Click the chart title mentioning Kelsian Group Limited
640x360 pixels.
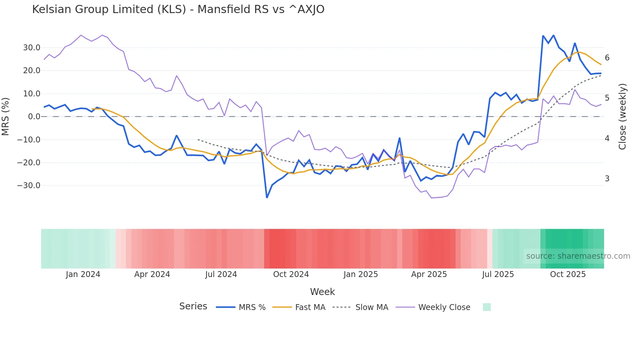[178, 9]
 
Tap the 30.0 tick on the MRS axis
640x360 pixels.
[32, 48]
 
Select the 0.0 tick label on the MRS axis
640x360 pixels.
[34, 117]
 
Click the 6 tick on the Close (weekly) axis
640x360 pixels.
[607, 58]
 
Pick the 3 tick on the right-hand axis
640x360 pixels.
[607, 179]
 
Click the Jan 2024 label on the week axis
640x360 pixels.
[83, 274]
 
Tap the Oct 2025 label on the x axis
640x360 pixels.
[568, 274]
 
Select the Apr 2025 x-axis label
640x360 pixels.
[429, 274]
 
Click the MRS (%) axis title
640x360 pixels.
[6, 117]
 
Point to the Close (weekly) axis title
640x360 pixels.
[622, 117]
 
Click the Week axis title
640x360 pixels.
[322, 292]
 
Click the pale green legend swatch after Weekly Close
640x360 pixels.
[487, 307]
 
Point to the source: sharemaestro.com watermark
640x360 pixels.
[578, 256]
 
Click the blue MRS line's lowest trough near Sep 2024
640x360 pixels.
[267, 197]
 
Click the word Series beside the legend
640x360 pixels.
[193, 306]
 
